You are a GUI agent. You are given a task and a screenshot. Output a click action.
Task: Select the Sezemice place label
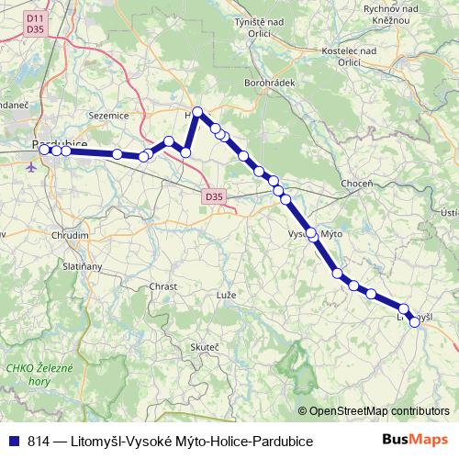click(108, 117)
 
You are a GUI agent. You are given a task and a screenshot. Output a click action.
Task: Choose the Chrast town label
click(162, 286)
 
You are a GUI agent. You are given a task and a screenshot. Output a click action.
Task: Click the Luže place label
click(226, 296)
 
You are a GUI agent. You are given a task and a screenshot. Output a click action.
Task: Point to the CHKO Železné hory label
click(32, 374)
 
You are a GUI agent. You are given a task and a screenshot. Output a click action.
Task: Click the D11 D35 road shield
click(35, 23)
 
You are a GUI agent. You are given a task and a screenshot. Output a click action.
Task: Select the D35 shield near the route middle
click(214, 195)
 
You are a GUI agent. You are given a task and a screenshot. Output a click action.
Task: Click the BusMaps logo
click(415, 441)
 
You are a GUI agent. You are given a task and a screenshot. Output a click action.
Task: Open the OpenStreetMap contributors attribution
click(378, 411)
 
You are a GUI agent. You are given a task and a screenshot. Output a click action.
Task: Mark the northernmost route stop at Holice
click(197, 112)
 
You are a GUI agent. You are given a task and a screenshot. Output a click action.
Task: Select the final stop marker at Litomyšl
click(416, 321)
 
